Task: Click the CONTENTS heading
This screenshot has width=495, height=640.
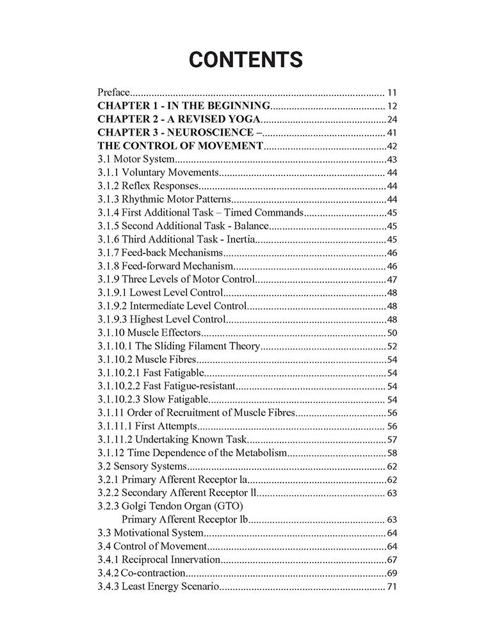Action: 247,60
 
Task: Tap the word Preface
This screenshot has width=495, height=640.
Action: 113,92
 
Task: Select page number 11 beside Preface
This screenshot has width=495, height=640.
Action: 393,92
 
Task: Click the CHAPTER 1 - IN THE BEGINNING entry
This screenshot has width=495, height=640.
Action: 184,106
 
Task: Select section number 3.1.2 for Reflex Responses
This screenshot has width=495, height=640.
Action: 109,186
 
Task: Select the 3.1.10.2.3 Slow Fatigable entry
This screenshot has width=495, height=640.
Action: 150,399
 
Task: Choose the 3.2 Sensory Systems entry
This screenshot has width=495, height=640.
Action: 142,466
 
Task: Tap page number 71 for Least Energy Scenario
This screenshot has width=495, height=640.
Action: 393,586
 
